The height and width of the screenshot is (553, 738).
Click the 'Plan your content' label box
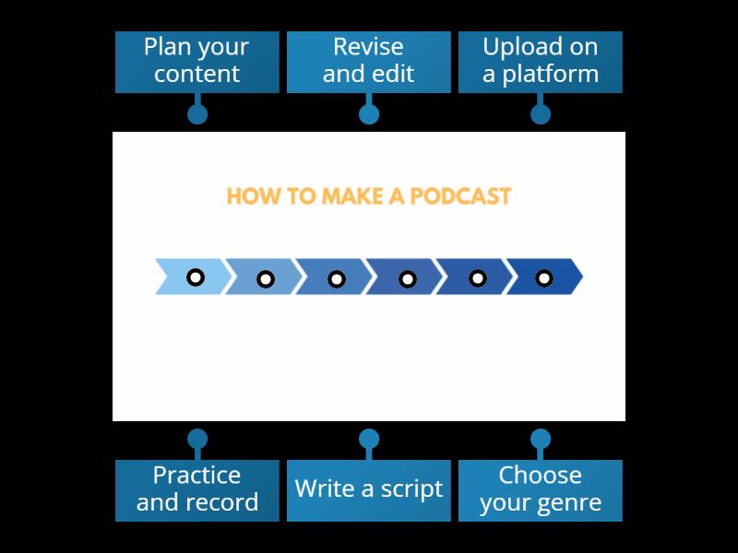(196, 62)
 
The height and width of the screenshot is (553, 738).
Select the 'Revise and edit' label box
(368, 62)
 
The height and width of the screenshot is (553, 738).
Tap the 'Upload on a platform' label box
(540, 62)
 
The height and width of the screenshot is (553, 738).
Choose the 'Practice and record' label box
(196, 490)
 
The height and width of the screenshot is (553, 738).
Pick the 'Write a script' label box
(368, 490)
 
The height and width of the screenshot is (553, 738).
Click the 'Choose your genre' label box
(540, 490)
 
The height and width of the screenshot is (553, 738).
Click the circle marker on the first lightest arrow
(196, 276)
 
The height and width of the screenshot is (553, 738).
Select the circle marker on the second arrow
(266, 278)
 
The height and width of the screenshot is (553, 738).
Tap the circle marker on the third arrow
(337, 278)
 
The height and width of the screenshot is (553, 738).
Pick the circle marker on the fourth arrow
(407, 278)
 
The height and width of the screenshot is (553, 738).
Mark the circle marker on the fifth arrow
(478, 277)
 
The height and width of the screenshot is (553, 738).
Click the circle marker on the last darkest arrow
(544, 277)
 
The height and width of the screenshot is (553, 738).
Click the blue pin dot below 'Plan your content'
(196, 114)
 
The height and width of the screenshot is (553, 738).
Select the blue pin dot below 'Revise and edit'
(368, 114)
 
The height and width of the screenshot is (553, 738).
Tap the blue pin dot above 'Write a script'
(368, 439)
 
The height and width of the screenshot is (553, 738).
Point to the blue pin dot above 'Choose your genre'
(541, 439)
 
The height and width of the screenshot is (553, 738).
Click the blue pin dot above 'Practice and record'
(196, 439)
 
